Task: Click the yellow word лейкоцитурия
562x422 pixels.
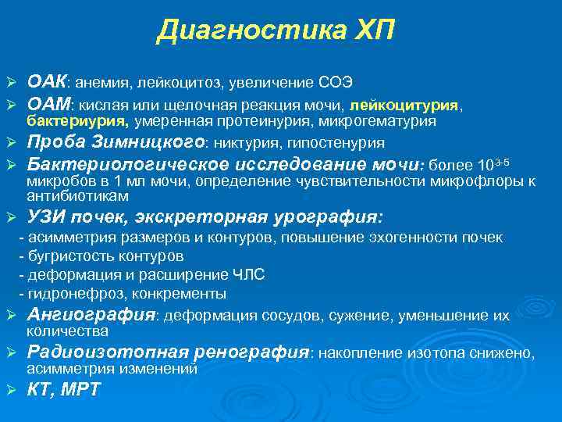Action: click(x=405, y=104)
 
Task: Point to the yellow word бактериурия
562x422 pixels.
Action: click(x=77, y=121)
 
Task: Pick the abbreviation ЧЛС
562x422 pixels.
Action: click(x=248, y=274)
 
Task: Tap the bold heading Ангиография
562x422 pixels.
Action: click(x=91, y=315)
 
